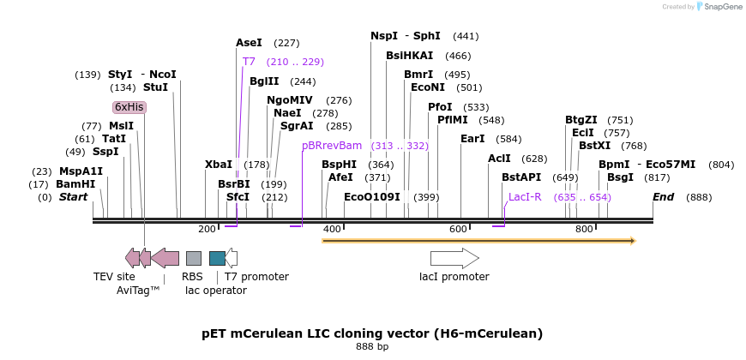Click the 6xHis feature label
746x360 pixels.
pos(129,107)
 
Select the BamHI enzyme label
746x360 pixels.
pos(75,184)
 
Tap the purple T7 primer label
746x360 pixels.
pos(249,62)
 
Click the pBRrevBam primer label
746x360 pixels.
pos(332,146)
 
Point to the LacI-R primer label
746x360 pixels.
pos(525,197)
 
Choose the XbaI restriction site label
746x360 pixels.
pos(219,165)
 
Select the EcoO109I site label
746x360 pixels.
pos(372,197)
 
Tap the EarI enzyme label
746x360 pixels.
pos(472,139)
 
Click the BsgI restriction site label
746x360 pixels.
pos(620,177)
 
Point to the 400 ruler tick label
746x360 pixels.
pos(332,229)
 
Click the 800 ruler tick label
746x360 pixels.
pos(584,229)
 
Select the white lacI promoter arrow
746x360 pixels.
pos(454,258)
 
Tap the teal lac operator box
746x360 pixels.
pos(217,258)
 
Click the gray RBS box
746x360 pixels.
pos(194,258)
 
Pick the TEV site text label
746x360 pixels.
pos(114,277)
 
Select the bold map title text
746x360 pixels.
pos(372,333)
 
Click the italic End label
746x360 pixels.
pos(663,197)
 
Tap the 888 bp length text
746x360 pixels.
pos(372,347)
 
